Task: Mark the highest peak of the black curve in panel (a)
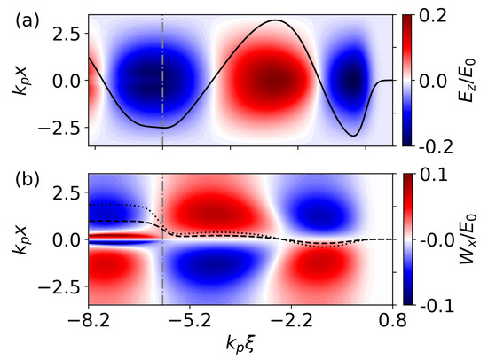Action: click(277, 20)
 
